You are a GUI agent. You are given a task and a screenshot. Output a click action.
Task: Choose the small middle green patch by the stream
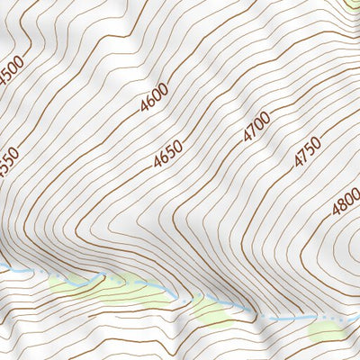tap(211, 310)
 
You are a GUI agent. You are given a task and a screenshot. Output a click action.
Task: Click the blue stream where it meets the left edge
tap(4, 269)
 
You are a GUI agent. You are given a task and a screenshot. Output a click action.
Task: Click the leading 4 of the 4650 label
tap(157, 165)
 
